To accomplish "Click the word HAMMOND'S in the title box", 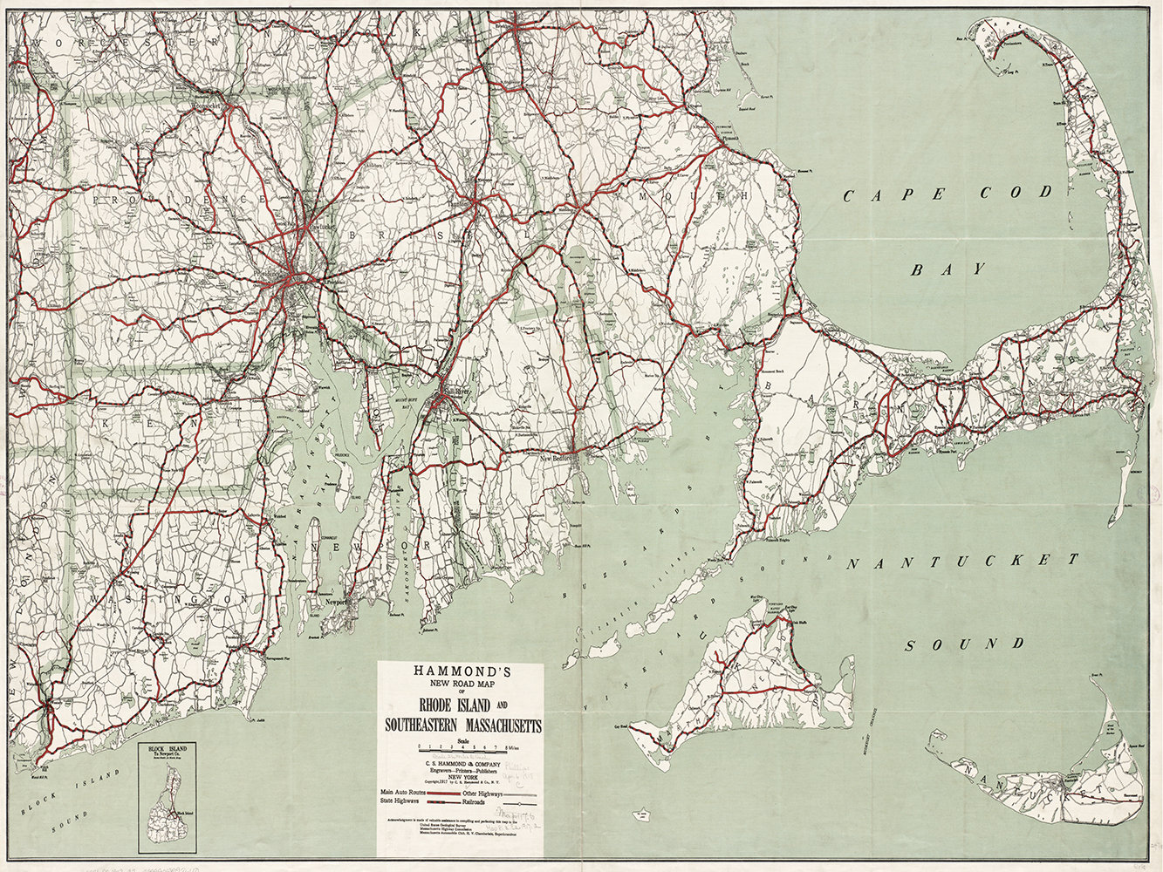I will point(460,671).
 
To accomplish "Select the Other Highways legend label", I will point(482,792).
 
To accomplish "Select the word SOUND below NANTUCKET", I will point(963,645).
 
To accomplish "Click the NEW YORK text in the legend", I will point(460,780).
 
